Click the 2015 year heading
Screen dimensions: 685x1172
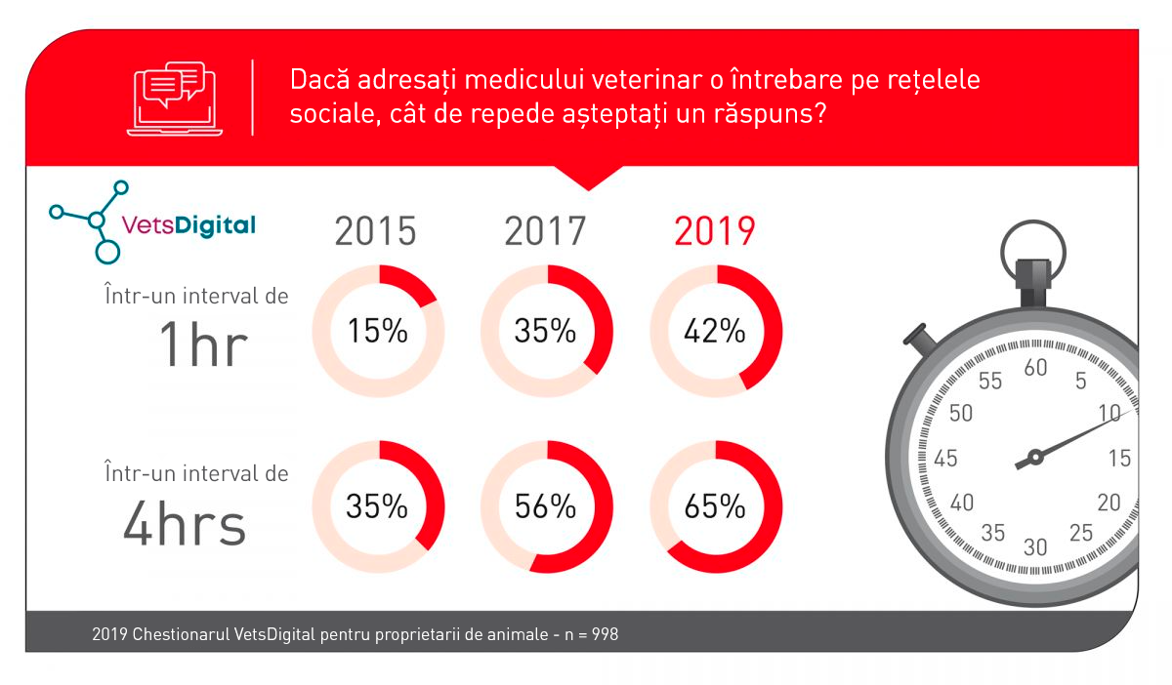376,232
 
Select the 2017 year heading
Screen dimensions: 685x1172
545,232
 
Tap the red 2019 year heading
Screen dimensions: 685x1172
715,232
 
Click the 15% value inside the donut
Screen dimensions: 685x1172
377,332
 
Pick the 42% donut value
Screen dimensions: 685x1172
715,332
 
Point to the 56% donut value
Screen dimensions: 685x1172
546,506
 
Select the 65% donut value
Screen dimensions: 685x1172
715,506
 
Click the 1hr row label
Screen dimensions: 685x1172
203,345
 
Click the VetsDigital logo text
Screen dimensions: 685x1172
188,225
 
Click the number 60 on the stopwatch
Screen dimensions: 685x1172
1034,368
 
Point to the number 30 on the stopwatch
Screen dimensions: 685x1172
1034,546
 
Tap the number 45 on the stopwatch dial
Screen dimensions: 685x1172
944,459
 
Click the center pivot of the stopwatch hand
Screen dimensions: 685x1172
1034,457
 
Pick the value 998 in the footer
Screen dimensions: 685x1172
605,634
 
